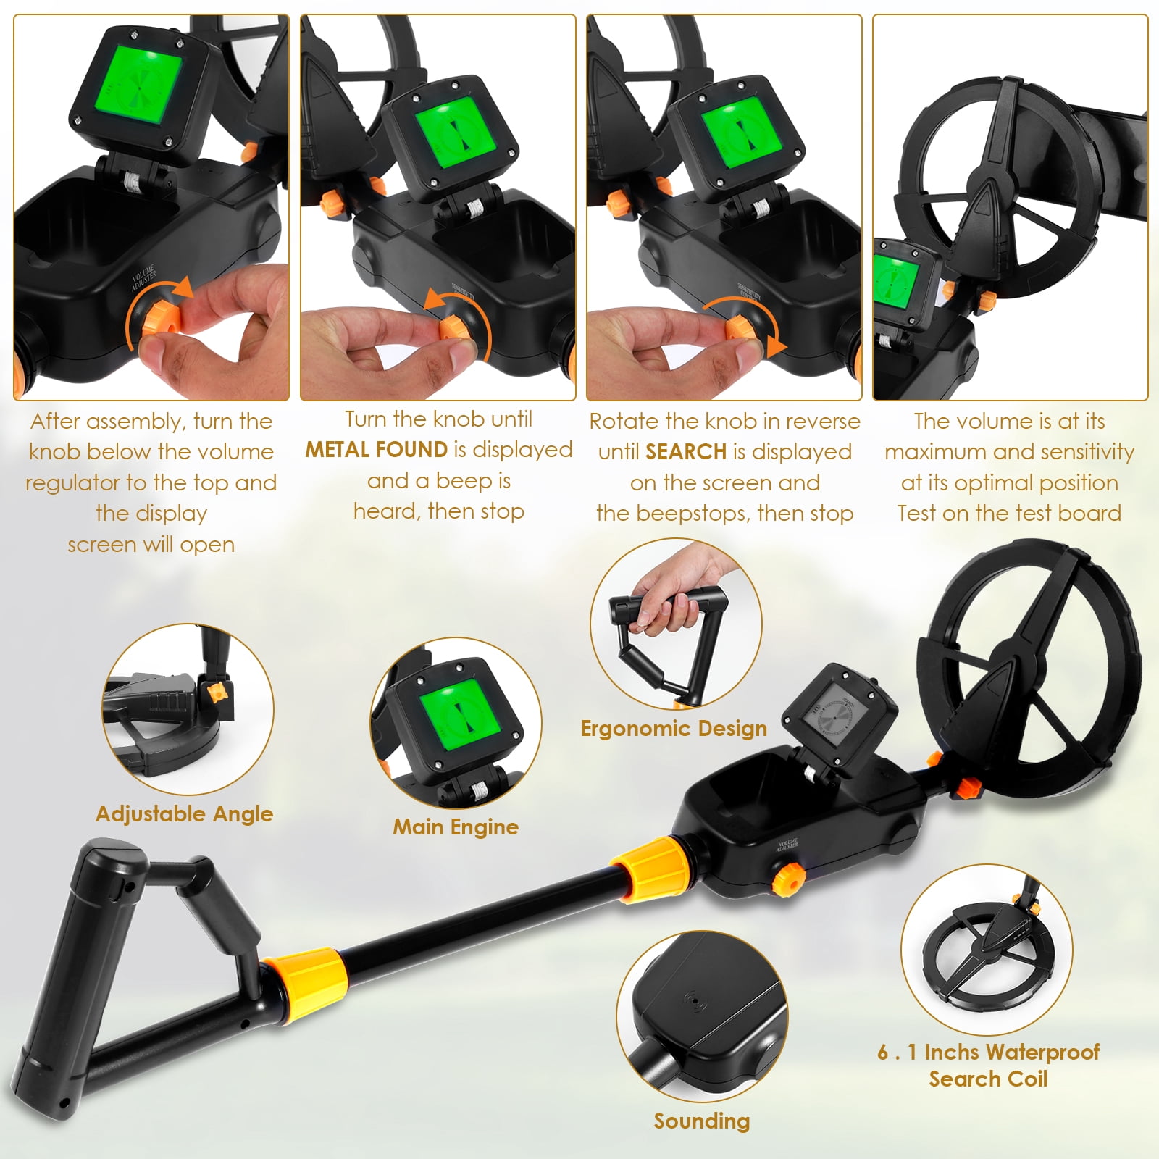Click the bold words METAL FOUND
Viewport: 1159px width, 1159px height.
(377, 450)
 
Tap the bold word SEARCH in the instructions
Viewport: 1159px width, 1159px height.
(686, 452)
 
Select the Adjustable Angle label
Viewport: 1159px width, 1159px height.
(185, 814)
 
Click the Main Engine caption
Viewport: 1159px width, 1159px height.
(456, 827)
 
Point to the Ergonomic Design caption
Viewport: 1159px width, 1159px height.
(674, 729)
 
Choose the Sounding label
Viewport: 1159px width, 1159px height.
(702, 1121)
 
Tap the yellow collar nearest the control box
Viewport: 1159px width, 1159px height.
(653, 869)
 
